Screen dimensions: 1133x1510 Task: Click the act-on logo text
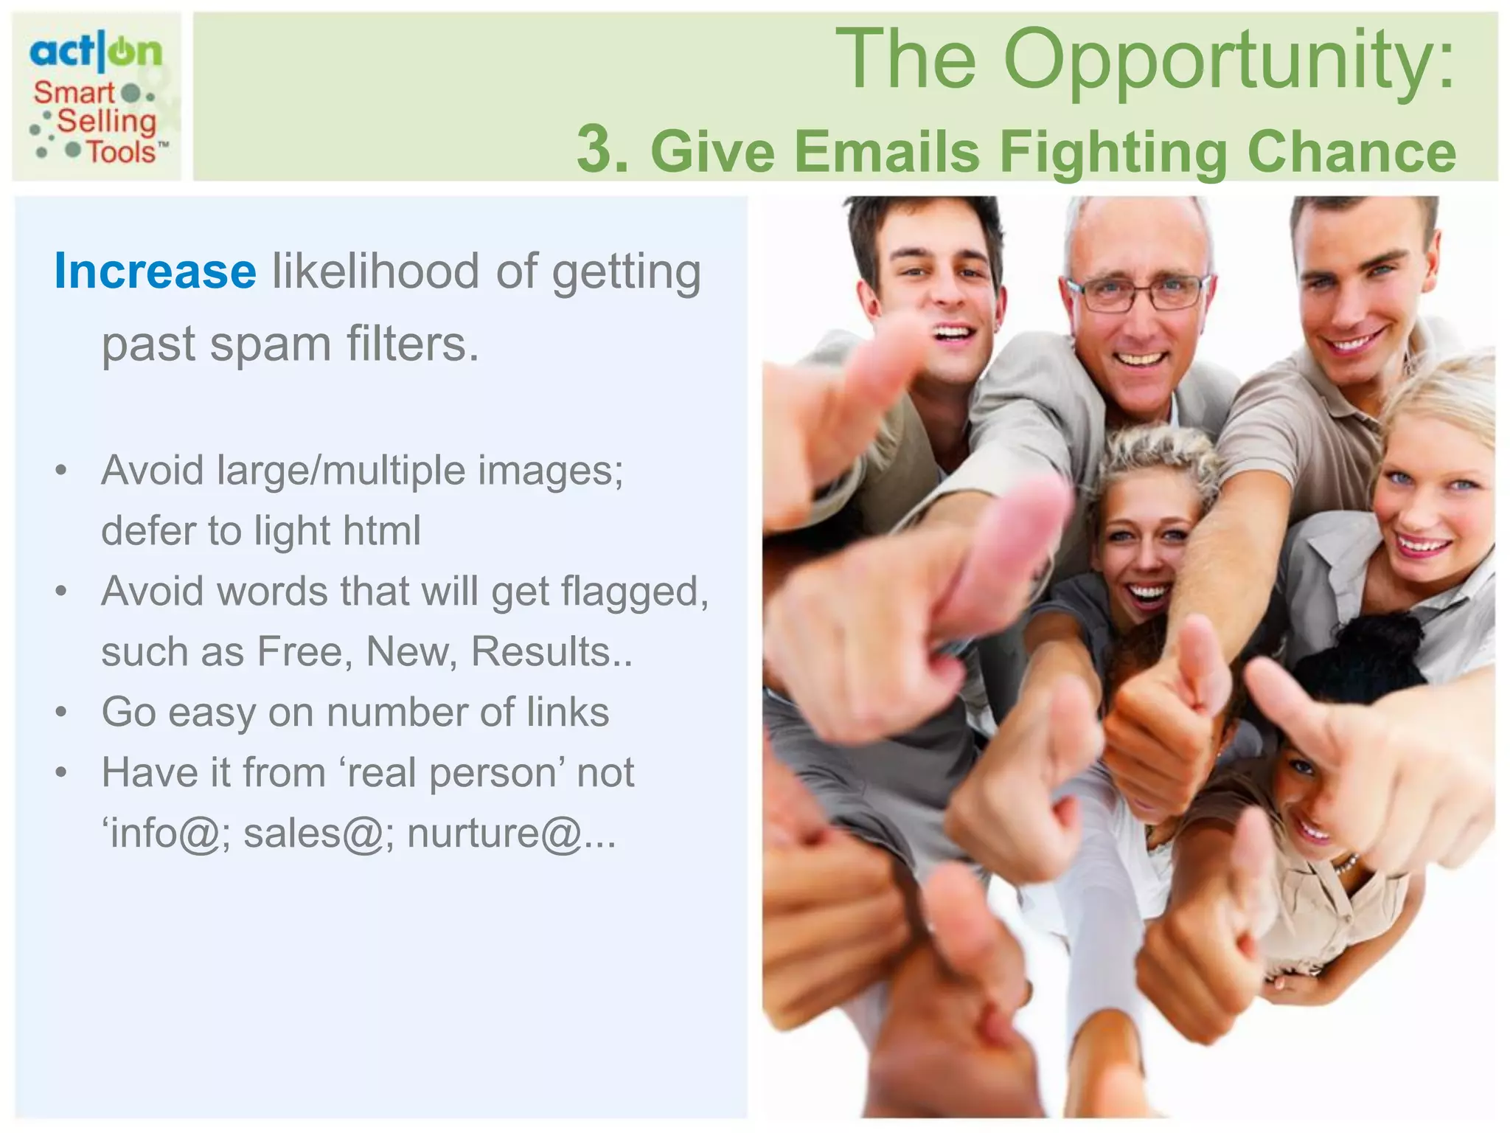coord(95,52)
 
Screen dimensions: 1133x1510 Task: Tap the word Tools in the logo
coord(122,153)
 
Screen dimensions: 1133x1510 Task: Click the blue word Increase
coord(156,271)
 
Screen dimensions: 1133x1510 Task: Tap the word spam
coord(269,344)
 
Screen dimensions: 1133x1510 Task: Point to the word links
coord(568,713)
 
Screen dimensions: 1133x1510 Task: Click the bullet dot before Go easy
coord(61,713)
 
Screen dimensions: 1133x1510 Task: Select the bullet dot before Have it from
coord(61,773)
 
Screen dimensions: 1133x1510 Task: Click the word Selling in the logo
coord(107,122)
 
